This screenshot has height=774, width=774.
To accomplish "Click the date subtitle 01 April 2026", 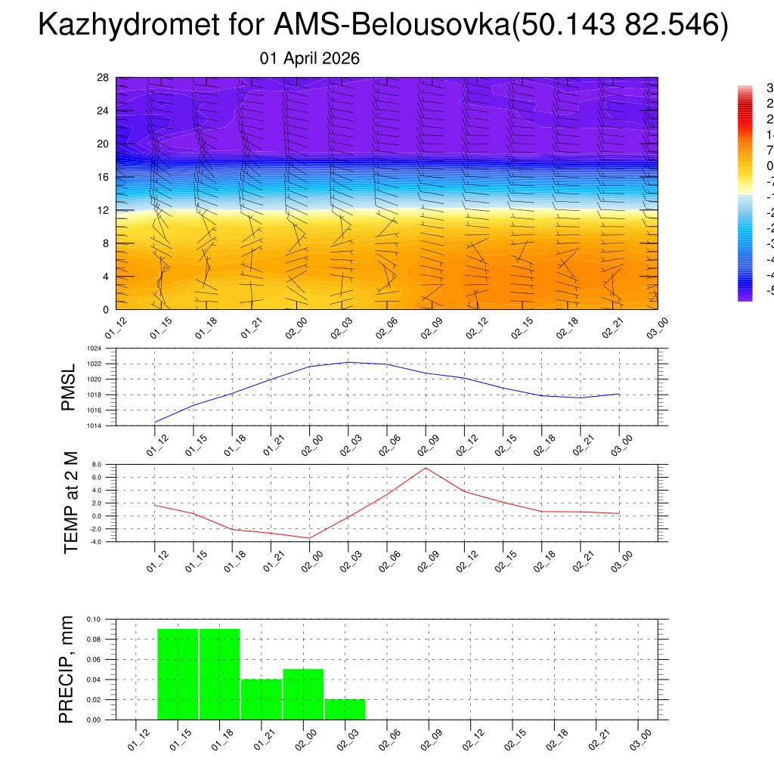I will point(309,58).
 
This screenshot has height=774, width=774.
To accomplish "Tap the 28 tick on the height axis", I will point(104,78).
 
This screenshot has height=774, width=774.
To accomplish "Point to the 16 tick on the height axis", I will point(104,177).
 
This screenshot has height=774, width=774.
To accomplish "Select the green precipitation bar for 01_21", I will point(262,699).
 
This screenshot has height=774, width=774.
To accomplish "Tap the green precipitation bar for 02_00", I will point(303,694).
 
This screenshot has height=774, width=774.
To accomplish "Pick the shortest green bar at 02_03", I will point(345,710).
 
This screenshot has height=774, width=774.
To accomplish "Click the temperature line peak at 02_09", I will point(426,468).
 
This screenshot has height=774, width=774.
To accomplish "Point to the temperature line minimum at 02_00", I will point(309,538).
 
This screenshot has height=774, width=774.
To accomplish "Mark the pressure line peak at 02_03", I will point(348,362).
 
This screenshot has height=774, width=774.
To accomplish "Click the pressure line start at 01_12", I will point(155,422).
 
